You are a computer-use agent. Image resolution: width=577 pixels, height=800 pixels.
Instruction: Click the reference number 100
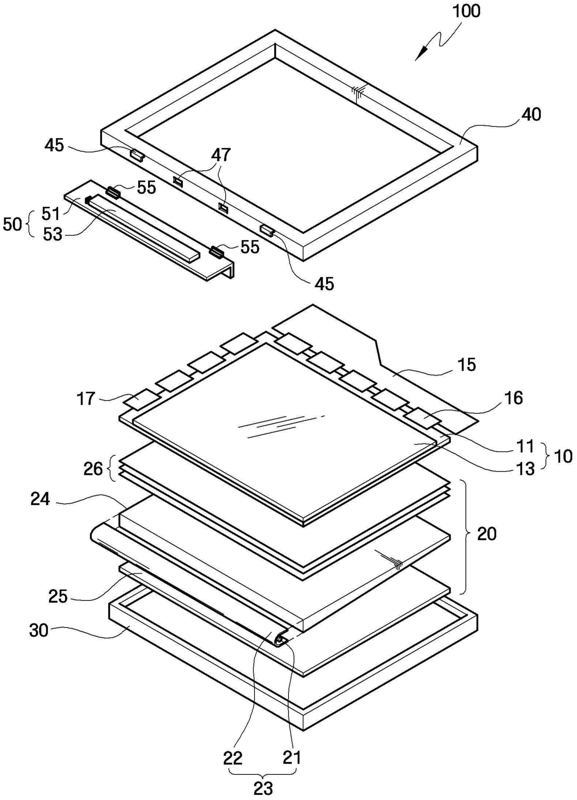point(467,11)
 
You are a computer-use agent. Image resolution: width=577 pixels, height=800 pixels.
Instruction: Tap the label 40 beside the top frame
point(531,114)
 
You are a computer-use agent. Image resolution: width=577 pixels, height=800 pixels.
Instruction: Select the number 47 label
point(221,154)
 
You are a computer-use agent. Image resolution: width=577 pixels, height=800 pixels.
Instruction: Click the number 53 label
point(52,234)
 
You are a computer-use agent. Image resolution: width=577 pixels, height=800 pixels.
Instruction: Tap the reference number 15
point(466,364)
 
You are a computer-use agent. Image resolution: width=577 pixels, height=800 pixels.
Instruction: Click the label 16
point(513,398)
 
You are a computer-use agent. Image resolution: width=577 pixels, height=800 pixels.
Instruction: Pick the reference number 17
point(86,398)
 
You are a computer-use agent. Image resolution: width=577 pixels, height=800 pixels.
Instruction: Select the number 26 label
point(93,468)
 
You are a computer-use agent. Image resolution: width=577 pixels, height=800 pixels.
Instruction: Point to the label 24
point(40,499)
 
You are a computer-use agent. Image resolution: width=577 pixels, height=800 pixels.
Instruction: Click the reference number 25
point(58,596)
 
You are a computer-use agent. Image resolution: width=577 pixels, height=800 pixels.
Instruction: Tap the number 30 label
point(39,630)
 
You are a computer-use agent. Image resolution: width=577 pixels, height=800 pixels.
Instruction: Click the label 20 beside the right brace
point(487,533)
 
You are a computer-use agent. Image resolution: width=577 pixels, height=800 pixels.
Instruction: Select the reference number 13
point(526,468)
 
